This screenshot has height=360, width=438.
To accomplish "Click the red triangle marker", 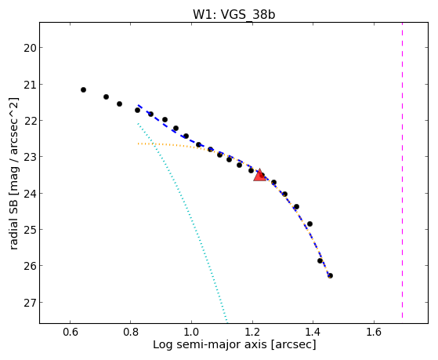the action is pos(260,176).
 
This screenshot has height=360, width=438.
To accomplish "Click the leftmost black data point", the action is pos(83,89).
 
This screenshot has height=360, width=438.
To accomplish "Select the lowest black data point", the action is pos(330,276).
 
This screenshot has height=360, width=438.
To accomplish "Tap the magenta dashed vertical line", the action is pos(402,170).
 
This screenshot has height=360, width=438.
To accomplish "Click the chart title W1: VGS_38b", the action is pos(234,15).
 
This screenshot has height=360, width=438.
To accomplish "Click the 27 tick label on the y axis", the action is pos(30,303).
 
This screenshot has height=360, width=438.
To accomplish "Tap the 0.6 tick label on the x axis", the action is pos(70,333).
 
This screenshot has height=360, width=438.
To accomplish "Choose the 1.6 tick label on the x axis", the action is pos(374,333).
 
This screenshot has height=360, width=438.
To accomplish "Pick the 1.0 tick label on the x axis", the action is pos(191,333).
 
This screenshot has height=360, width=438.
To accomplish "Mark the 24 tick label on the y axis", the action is pos(30,194).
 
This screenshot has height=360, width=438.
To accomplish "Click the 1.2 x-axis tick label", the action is pos(252,333).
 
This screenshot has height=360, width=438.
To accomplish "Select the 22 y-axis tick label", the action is pos(30,121).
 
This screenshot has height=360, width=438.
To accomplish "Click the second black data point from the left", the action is pos(106,96).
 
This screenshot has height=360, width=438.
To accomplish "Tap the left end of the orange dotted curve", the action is pos(138,144).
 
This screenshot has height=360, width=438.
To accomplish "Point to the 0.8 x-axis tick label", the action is pos(130,333).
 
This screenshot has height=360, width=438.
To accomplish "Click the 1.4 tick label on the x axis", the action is pos(313,333).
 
